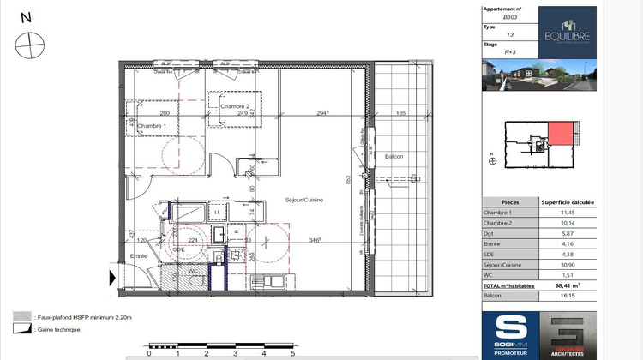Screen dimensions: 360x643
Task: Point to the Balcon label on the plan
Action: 394,156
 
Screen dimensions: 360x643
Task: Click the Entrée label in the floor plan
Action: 138,255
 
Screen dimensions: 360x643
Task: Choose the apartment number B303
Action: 511,17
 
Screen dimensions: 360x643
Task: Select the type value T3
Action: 511,35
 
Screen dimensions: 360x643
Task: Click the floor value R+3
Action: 511,53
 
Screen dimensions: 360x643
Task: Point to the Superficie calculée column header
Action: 568,202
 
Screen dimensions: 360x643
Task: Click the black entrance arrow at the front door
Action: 112,278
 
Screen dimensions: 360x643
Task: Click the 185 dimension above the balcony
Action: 400,113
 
